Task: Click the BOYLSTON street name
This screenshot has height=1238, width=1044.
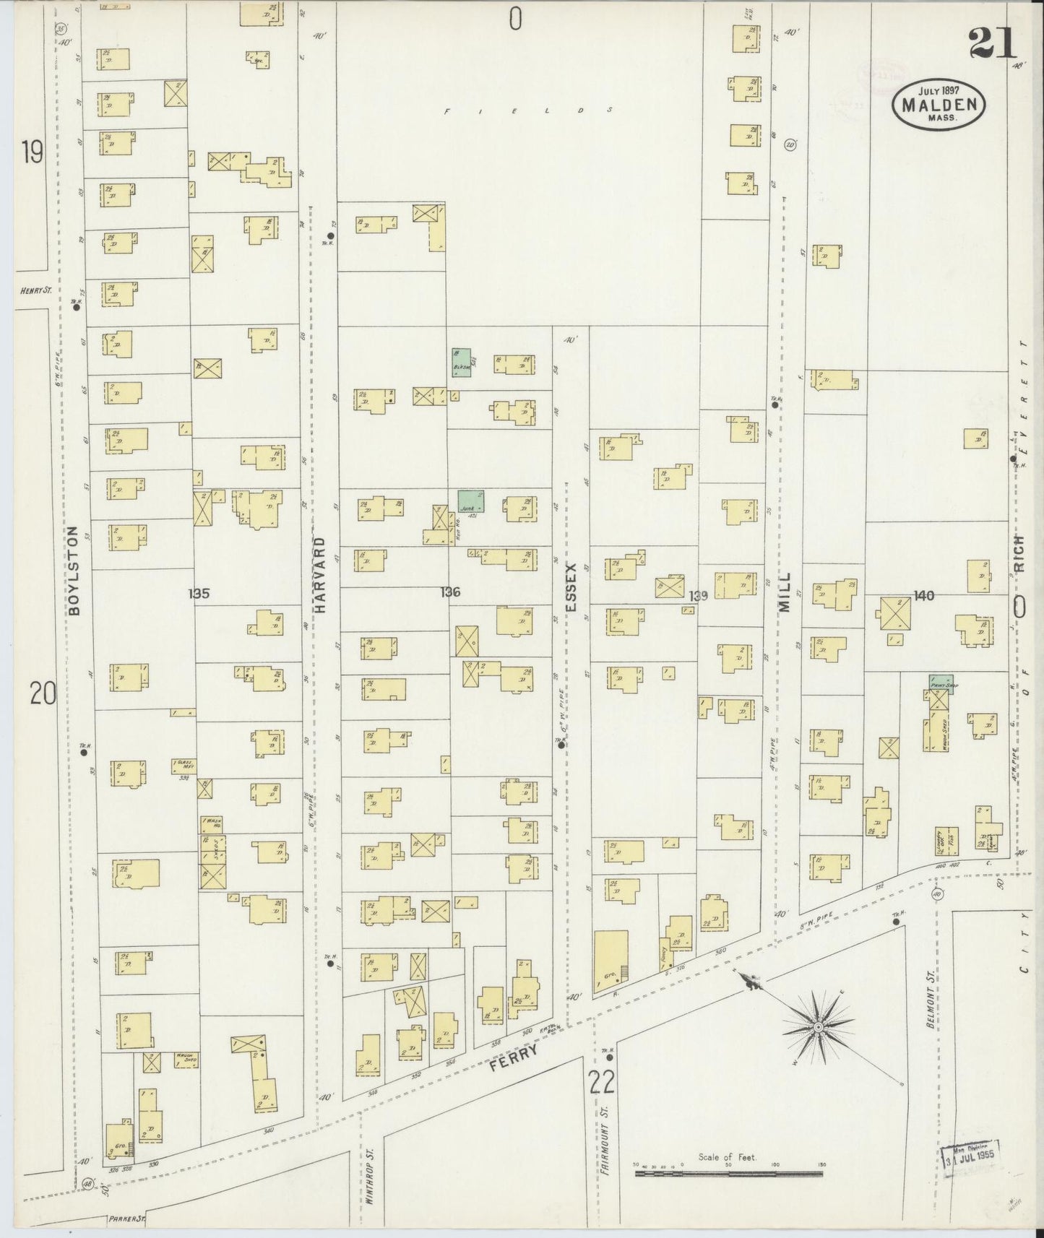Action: pos(74,571)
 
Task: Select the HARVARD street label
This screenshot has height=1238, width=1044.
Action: pos(321,575)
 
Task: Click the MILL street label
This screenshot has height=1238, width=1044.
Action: pos(785,592)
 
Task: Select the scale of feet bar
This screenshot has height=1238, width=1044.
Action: pos(728,1174)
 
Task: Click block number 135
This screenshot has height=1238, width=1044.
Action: pos(198,593)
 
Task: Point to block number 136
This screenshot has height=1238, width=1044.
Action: pos(449,592)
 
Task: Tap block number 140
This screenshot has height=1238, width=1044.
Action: pos(923,595)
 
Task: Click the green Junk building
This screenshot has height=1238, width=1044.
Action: pos(470,501)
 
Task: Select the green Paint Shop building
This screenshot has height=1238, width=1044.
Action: pos(940,683)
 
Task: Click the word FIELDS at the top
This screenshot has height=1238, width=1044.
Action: pos(528,111)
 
